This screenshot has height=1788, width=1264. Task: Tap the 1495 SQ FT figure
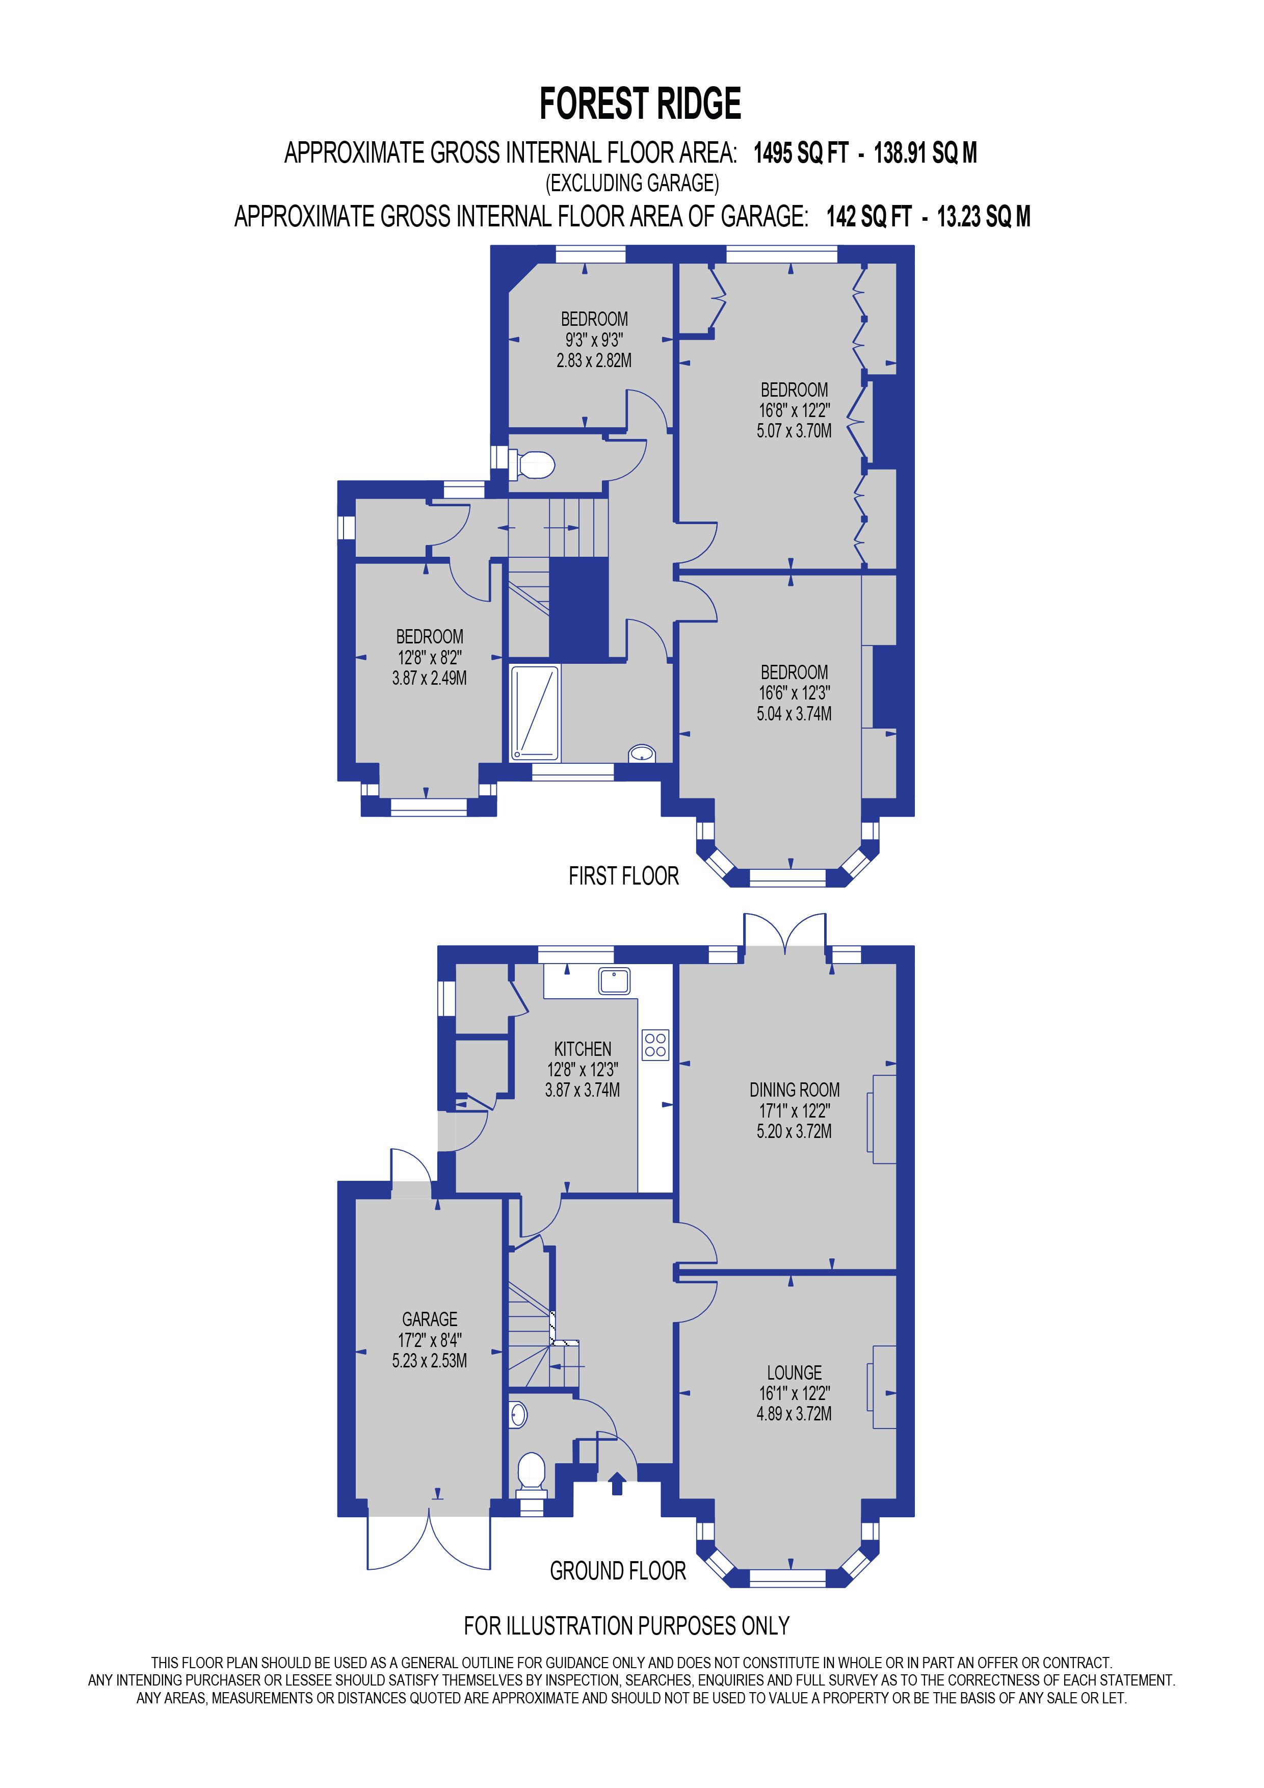[x=800, y=152]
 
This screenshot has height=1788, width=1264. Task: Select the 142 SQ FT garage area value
[x=868, y=217]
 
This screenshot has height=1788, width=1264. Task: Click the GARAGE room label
[x=430, y=1319]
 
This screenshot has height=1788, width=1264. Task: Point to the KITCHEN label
[x=582, y=1049]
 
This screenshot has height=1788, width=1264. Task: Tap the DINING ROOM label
[x=794, y=1090]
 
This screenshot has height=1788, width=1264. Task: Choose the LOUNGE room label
[x=794, y=1372]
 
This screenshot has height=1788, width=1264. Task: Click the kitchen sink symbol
[x=614, y=980]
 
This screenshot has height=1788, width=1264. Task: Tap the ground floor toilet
[x=532, y=1469]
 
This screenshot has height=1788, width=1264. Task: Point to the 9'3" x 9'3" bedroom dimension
[x=594, y=340]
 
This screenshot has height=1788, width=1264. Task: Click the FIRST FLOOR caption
[x=623, y=876]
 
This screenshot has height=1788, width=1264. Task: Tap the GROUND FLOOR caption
[x=618, y=1571]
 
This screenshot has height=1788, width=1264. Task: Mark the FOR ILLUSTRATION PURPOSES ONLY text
[x=626, y=1626]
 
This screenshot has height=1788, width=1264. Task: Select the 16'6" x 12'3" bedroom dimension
[x=794, y=692]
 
